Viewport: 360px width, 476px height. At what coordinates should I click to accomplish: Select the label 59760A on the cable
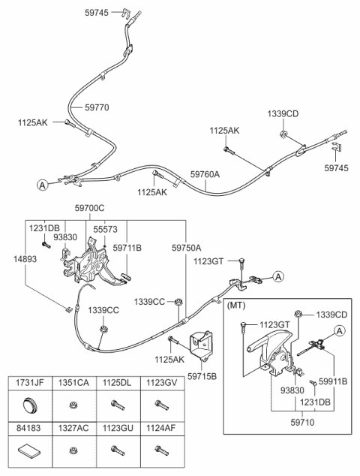[205, 174]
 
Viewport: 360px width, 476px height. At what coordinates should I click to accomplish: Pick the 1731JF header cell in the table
[31, 384]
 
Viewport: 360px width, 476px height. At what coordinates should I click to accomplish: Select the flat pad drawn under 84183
[30, 452]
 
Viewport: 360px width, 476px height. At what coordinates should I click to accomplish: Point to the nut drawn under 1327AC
[73, 451]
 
